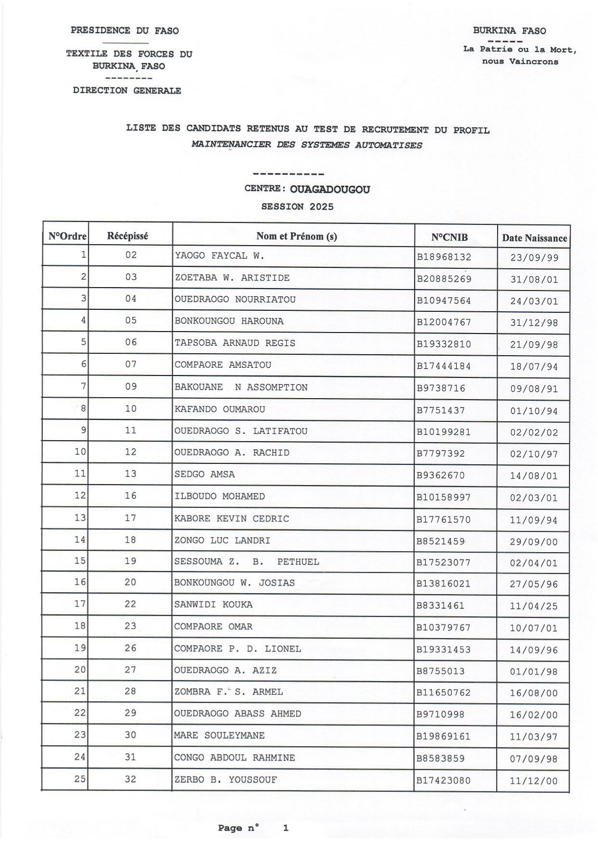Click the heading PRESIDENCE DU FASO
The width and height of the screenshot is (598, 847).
pyautogui.click(x=124, y=31)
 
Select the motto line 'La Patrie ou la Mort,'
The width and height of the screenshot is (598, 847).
pyautogui.click(x=519, y=50)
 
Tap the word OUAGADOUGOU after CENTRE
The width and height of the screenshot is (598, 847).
pyautogui.click(x=330, y=189)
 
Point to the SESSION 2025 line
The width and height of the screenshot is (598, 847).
pyautogui.click(x=297, y=207)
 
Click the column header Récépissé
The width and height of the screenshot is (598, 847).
pyautogui.click(x=128, y=236)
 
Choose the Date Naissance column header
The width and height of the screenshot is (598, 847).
pyautogui.click(x=534, y=238)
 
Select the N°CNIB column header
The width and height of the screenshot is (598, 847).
pyautogui.click(x=449, y=237)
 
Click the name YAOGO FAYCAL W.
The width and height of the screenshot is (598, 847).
pyautogui.click(x=219, y=256)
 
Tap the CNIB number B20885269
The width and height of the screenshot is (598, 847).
pyautogui.click(x=444, y=279)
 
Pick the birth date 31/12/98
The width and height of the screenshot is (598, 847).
pyautogui.click(x=534, y=323)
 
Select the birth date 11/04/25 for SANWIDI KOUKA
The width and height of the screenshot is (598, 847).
pyautogui.click(x=533, y=606)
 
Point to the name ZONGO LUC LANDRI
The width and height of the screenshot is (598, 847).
pyautogui.click(x=222, y=541)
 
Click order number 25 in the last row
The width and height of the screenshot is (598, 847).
pyautogui.click(x=80, y=779)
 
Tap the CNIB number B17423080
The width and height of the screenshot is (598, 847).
pyautogui.click(x=443, y=780)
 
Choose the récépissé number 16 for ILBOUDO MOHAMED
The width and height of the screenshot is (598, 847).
pyautogui.click(x=130, y=496)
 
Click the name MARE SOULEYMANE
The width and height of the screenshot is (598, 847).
pyautogui.click(x=219, y=736)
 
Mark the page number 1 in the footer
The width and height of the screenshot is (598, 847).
pyautogui.click(x=285, y=828)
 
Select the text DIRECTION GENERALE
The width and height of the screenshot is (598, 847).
pyautogui.click(x=127, y=91)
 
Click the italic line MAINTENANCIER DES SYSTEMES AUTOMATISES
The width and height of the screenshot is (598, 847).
pyautogui.click(x=306, y=145)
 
